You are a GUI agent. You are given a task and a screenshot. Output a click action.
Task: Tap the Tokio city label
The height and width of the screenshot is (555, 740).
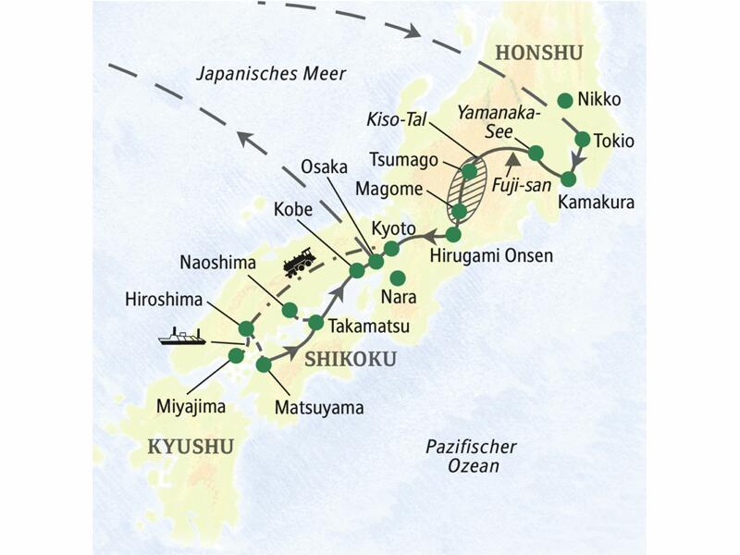tap(616, 142)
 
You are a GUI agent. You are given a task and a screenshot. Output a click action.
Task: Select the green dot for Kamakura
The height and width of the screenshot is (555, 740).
tap(569, 179)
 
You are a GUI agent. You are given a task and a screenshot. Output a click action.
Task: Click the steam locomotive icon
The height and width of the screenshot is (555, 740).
tap(299, 264)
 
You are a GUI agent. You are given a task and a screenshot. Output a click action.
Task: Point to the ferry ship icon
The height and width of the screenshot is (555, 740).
tap(181, 337)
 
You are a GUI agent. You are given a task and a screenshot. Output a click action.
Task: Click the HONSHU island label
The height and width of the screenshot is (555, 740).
tap(539, 54)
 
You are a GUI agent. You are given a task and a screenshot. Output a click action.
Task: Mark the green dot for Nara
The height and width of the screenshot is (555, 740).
tap(398, 277)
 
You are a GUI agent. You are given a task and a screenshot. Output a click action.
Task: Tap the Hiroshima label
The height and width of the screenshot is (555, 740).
tap(162, 300)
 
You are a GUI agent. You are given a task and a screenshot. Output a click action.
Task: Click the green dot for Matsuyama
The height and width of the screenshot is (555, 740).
tap(264, 365)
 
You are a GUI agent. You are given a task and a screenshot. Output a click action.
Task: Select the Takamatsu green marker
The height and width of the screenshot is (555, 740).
tap(315, 323)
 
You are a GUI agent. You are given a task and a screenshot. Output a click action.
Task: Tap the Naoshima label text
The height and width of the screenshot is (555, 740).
tap(212, 264)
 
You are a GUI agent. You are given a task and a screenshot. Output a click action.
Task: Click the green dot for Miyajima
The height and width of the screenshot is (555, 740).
tap(236, 355)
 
